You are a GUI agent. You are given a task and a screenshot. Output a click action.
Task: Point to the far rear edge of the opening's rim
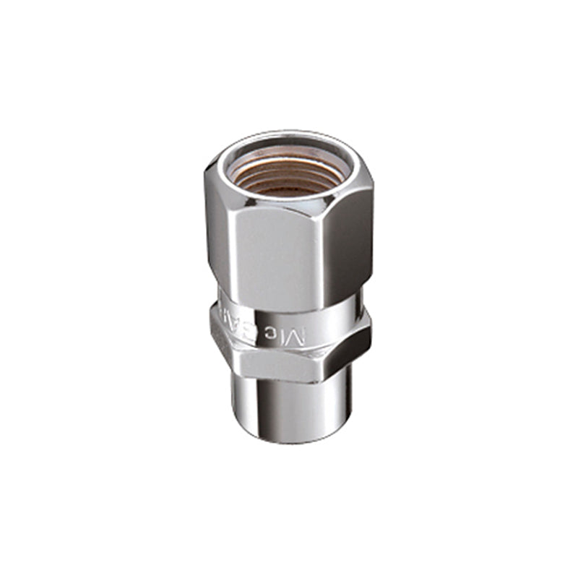[x=289, y=137]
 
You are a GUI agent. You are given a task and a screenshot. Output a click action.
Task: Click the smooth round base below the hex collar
[x=289, y=408]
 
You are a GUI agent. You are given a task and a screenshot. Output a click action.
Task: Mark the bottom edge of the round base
[x=289, y=441]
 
